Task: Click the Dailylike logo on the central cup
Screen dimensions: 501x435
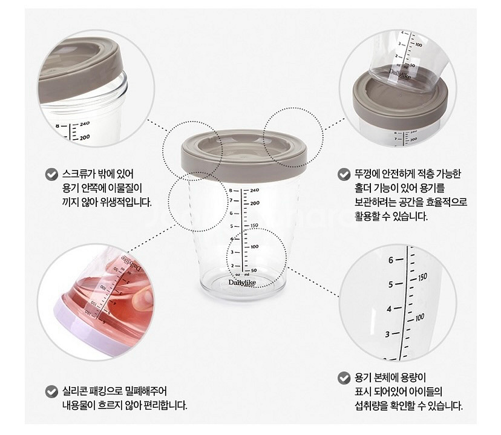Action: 242,283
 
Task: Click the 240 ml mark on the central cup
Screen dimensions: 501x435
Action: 255,191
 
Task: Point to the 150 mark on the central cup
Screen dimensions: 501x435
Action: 254,225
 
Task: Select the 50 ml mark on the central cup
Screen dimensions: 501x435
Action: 254,270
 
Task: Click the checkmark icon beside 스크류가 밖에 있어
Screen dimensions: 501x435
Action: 51,174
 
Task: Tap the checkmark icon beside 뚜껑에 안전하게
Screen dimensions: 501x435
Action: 344,174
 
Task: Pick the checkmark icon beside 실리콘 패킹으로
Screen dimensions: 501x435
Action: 51,391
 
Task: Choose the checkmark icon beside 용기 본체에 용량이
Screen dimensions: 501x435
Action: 344,378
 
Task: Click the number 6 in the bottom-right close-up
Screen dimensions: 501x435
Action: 391,260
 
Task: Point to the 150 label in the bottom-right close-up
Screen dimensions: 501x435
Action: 422,277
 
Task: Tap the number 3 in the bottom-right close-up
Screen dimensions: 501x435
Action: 388,335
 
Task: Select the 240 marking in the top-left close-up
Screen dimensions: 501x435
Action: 85,124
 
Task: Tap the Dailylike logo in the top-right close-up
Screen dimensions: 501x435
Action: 400,74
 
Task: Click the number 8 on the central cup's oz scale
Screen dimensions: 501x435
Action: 231,191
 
